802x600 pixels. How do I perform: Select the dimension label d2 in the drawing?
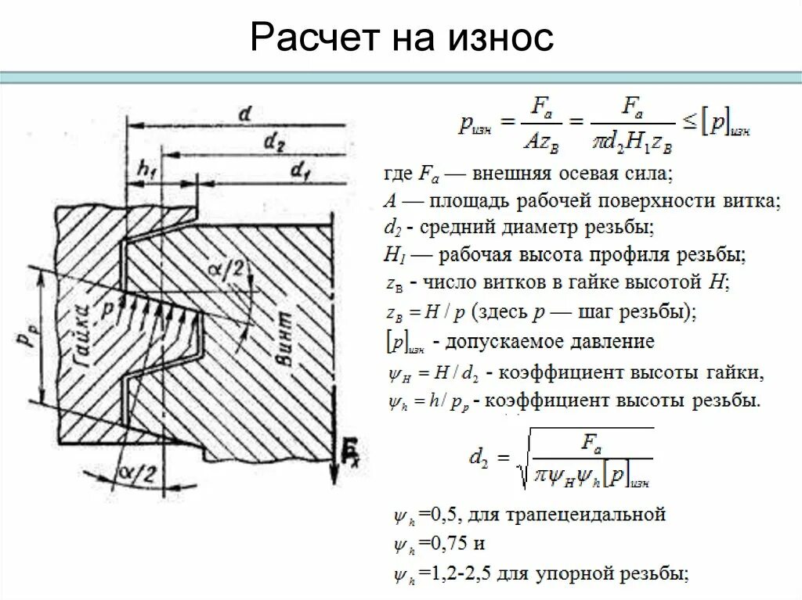(x=274, y=142)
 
